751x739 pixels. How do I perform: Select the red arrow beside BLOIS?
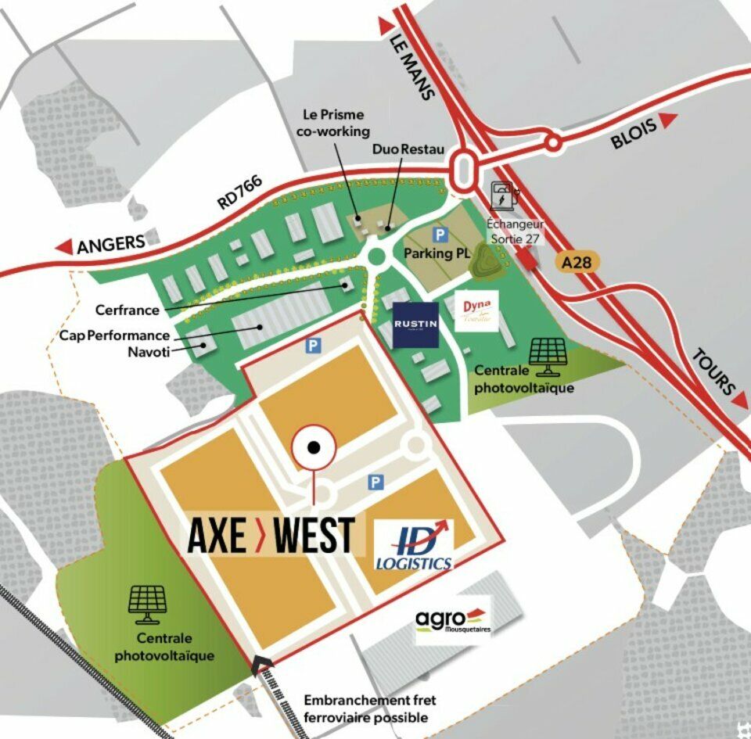(x=667, y=120)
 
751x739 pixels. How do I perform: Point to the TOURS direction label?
(x=714, y=372)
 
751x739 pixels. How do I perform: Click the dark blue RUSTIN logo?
(x=415, y=324)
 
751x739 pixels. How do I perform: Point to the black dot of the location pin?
(x=313, y=447)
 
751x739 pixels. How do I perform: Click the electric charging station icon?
(x=501, y=196)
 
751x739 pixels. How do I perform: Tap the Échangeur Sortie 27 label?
(x=515, y=231)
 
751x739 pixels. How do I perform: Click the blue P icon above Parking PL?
(x=440, y=234)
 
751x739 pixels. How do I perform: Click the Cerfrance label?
(x=127, y=310)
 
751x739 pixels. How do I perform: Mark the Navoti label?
(x=149, y=351)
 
